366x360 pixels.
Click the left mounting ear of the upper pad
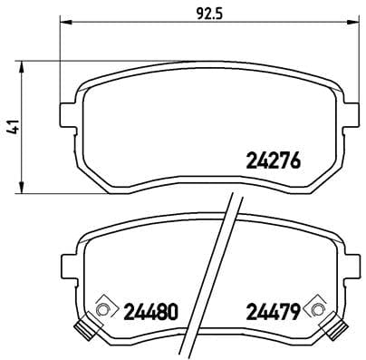coord(65,113)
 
